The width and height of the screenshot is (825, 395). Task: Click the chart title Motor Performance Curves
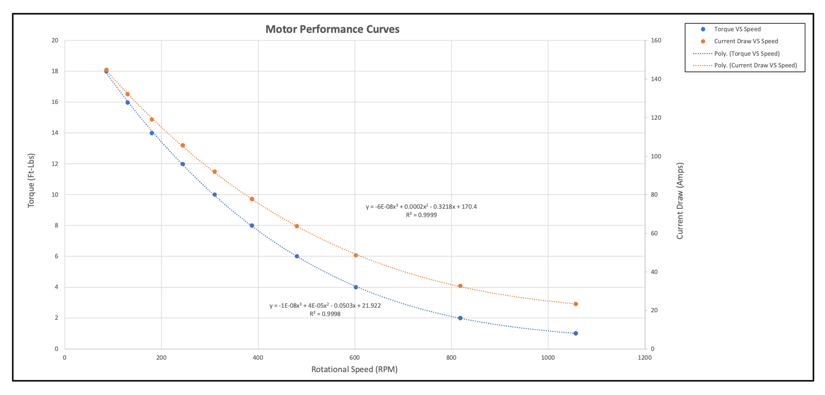[332, 29]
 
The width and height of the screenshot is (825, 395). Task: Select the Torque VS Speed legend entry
[737, 29]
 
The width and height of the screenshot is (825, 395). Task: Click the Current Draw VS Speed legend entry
[746, 41]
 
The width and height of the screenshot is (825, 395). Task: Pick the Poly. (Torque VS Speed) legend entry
[747, 53]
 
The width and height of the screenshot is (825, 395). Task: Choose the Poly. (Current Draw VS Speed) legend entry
[755, 65]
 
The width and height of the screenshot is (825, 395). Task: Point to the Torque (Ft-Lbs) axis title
[31, 180]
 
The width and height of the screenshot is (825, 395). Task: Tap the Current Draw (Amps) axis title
[680, 201]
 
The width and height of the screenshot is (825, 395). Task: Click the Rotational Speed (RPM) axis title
[354, 370]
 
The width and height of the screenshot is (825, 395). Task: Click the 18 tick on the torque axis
[55, 71]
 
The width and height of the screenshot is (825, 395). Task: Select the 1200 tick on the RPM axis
[644, 358]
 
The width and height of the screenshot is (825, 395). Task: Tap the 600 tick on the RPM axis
[355, 358]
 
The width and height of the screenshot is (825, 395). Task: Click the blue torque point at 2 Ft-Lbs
[460, 318]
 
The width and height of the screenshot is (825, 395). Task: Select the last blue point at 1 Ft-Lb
[575, 333]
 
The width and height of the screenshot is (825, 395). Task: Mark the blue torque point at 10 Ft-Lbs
[215, 195]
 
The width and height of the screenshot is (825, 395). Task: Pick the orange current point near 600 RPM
[356, 255]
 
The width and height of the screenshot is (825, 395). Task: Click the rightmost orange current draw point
[575, 304]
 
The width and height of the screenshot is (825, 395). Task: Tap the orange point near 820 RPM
[460, 286]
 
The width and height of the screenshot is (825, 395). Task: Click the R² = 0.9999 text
[421, 215]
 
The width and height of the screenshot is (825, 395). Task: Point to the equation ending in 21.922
[325, 305]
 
